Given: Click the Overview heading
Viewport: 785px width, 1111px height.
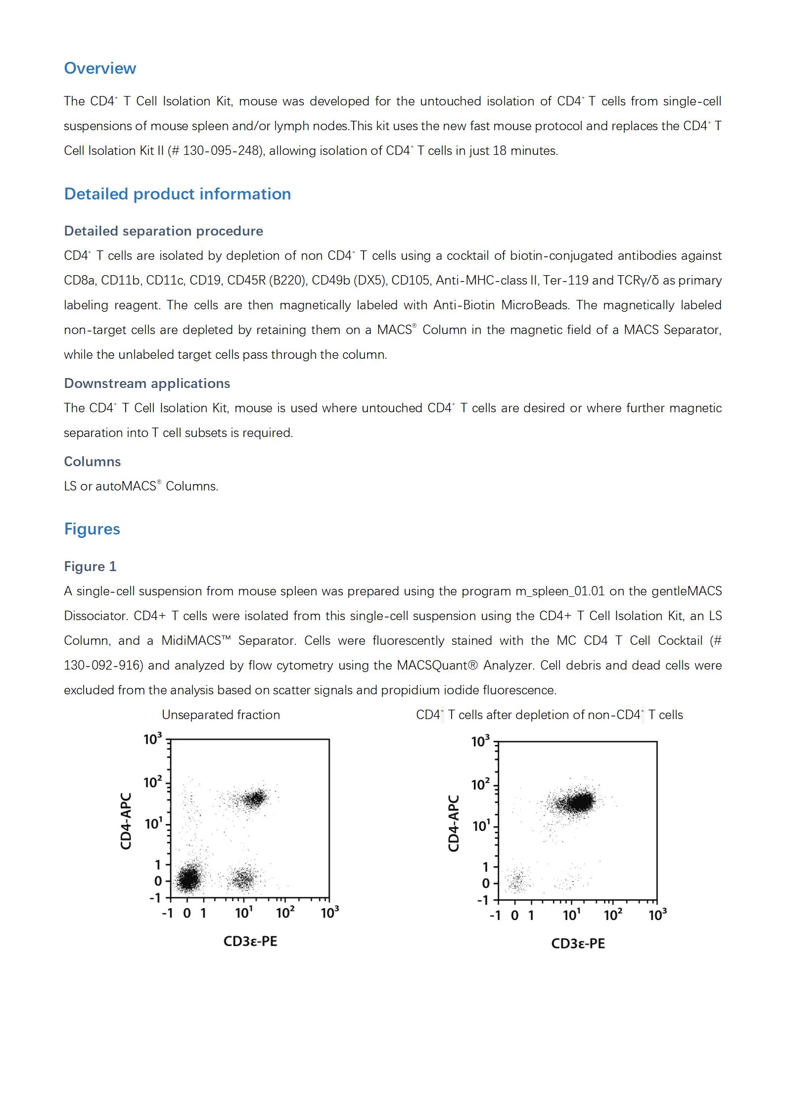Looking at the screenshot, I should coord(100,68).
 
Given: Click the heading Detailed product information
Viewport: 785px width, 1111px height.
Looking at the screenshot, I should coord(177,194).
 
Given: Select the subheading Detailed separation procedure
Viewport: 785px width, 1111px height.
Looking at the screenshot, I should coord(163,231).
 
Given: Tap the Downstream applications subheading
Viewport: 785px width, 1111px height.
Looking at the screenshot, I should coord(147,384).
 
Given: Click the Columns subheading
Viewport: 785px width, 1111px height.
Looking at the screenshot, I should coord(92,462).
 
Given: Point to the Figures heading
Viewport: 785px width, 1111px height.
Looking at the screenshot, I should coord(92,529).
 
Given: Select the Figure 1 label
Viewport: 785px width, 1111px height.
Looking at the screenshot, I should coord(90,567).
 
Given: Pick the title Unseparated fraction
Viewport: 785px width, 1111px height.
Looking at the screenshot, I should coord(221,715).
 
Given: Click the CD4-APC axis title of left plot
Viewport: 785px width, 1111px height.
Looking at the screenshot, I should coord(126,821).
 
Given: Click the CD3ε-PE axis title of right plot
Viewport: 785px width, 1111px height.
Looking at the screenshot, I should coord(578,944).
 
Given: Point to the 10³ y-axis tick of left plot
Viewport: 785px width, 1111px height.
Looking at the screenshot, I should coord(153,739).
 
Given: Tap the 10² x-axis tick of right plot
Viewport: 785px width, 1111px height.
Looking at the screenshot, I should coord(612,916).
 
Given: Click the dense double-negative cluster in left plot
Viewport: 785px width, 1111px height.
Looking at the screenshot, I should coord(188,879).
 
